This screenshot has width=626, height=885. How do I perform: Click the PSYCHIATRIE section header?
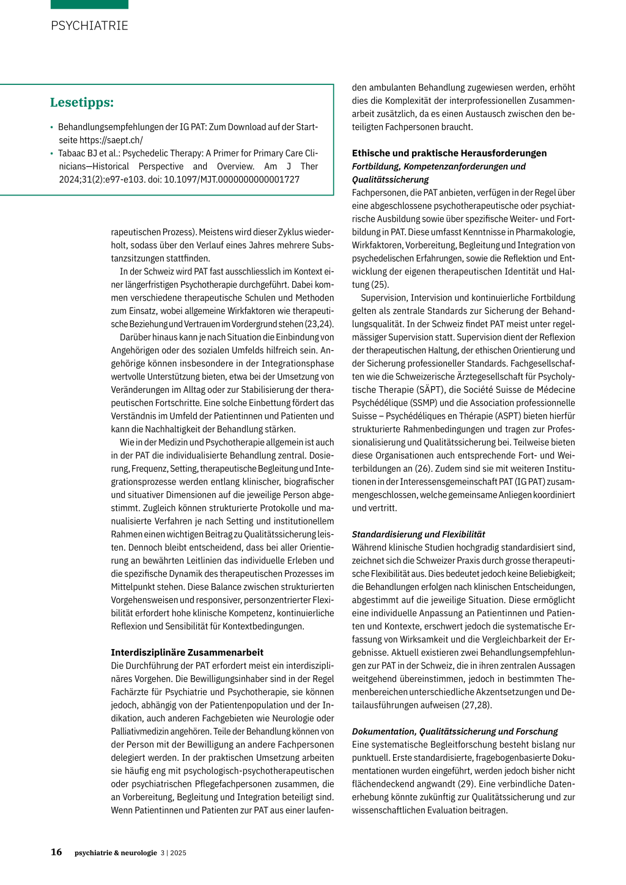(x=89, y=26)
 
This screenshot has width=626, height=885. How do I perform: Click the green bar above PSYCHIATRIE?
(x=89, y=4)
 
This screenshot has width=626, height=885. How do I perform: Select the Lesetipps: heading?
(x=82, y=103)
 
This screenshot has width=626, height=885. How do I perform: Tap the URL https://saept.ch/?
(x=111, y=140)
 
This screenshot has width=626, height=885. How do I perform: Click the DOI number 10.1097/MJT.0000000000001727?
(x=232, y=180)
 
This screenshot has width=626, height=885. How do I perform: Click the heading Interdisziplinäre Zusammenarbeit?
(x=187, y=653)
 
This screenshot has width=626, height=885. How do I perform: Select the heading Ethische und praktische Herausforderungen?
(x=449, y=153)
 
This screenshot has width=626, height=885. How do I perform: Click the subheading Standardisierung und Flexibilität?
(x=418, y=534)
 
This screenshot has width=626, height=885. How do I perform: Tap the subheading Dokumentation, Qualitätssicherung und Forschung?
(x=455, y=732)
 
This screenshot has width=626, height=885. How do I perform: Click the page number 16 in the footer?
(x=56, y=852)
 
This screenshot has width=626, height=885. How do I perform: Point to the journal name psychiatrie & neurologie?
(x=116, y=853)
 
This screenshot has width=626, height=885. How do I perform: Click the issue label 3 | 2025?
(x=174, y=853)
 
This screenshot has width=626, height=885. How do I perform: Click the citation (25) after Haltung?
(x=380, y=285)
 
